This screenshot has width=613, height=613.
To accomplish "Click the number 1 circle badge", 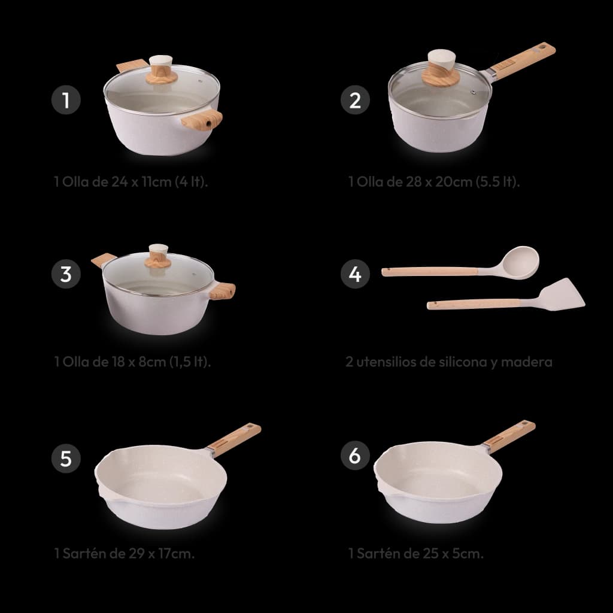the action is pyautogui.click(x=66, y=100).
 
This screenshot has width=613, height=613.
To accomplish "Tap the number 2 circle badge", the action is pyautogui.click(x=355, y=100).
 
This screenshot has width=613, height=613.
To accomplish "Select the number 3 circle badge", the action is pyautogui.click(x=66, y=274).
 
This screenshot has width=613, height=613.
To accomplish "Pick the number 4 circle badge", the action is pyautogui.click(x=355, y=274).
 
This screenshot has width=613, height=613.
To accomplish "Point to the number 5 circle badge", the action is pyautogui.click(x=66, y=458).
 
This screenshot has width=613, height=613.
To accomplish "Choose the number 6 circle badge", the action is pyautogui.click(x=355, y=455).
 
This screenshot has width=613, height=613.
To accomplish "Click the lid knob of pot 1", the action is pyautogui.click(x=162, y=69).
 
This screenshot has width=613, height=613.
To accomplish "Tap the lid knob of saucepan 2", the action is pyautogui.click(x=441, y=68).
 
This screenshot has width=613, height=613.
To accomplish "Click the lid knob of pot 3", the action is pyautogui.click(x=158, y=256).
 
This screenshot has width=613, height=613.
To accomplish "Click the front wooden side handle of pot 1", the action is pyautogui.click(x=202, y=120).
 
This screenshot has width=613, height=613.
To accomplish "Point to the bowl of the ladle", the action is pyautogui.click(x=520, y=262).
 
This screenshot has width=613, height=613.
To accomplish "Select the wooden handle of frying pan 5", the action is pyautogui.click(x=234, y=440).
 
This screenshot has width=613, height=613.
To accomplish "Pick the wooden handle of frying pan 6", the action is pyautogui.click(x=509, y=436).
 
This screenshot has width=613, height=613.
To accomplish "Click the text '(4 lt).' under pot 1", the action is pyautogui.click(x=191, y=182).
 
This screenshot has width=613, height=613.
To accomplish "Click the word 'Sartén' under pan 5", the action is pyautogui.click(x=81, y=553).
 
